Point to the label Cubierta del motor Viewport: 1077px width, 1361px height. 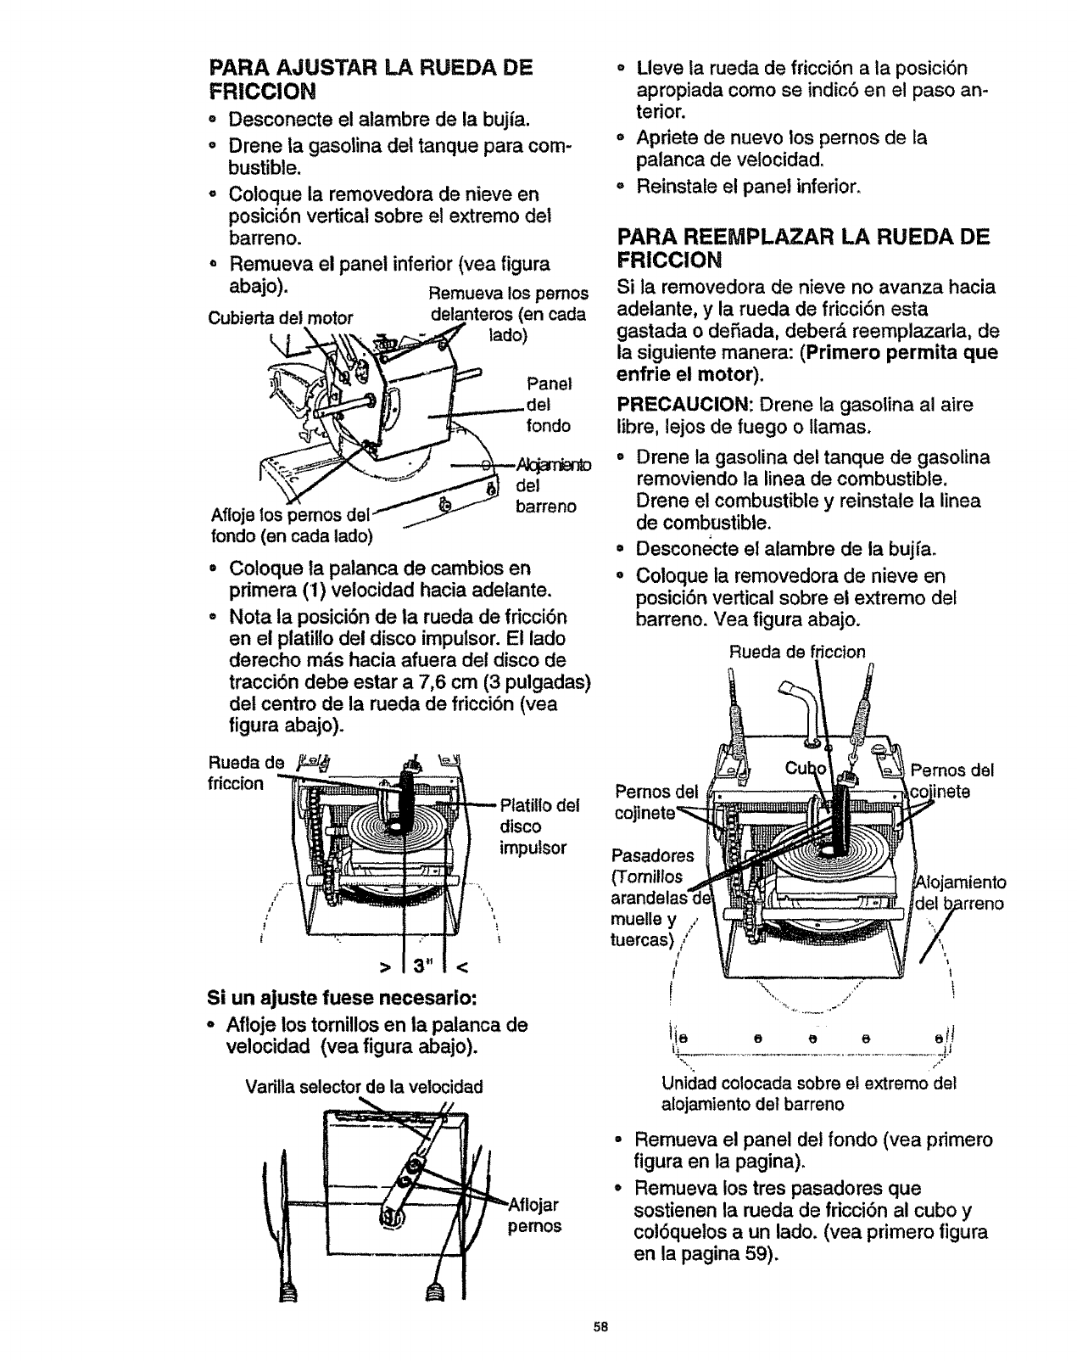(280, 319)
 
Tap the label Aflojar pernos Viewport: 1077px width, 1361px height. (535, 1215)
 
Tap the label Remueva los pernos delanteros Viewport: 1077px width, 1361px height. (508, 314)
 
